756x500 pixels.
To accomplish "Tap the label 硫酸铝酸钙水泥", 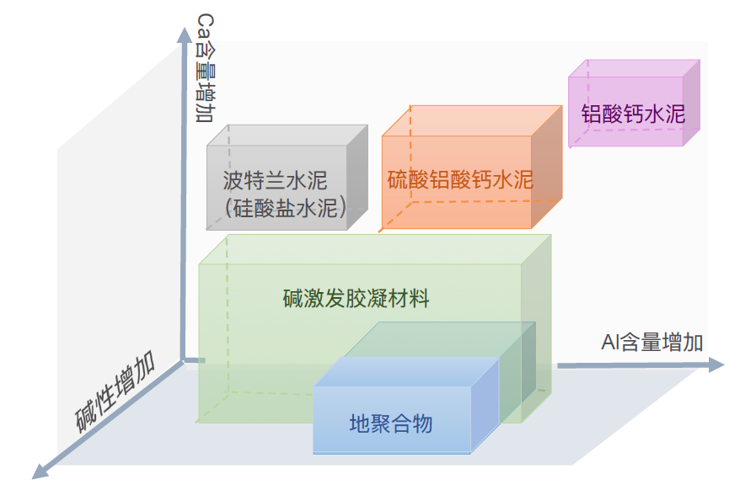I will (460, 179).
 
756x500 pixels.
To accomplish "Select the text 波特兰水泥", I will (275, 180).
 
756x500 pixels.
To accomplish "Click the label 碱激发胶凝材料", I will (356, 298).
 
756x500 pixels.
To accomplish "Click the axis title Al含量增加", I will (652, 343).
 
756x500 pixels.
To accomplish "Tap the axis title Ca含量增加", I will (204, 67).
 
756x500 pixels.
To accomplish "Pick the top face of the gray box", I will (288, 135).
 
